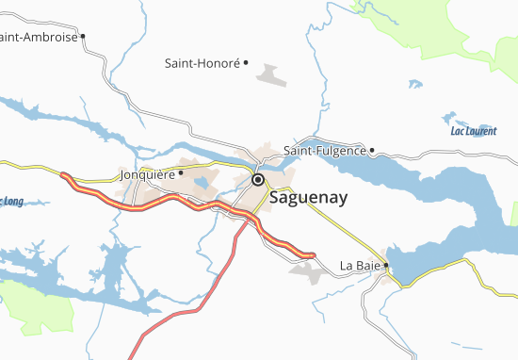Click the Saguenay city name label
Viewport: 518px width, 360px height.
click(309, 199)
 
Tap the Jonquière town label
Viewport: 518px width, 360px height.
click(148, 174)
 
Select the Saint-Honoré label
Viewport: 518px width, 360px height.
click(202, 64)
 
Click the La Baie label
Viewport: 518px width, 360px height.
click(360, 267)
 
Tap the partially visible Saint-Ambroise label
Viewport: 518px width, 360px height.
click(40, 38)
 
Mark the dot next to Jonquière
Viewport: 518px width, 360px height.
click(181, 172)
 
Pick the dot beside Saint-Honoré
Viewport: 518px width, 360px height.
click(246, 63)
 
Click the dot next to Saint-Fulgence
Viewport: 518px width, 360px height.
click(373, 149)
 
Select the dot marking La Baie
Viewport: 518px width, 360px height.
click(386, 266)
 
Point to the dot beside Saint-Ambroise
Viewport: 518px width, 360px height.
click(84, 37)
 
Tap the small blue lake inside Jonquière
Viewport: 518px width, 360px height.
click(200, 183)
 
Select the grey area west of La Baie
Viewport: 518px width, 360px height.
click(307, 272)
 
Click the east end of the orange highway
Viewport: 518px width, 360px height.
click(312, 254)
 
